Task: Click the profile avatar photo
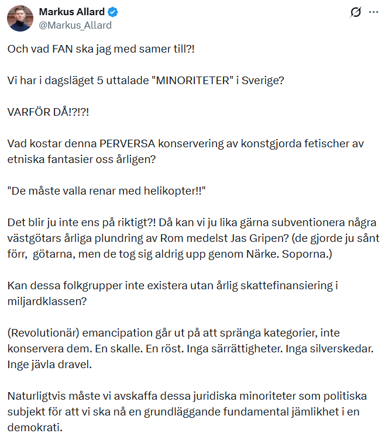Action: pos(20,18)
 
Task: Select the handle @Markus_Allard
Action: pos(75,25)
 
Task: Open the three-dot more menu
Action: pos(373,12)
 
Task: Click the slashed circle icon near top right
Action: pos(355,12)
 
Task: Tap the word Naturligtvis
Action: pos(36,396)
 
